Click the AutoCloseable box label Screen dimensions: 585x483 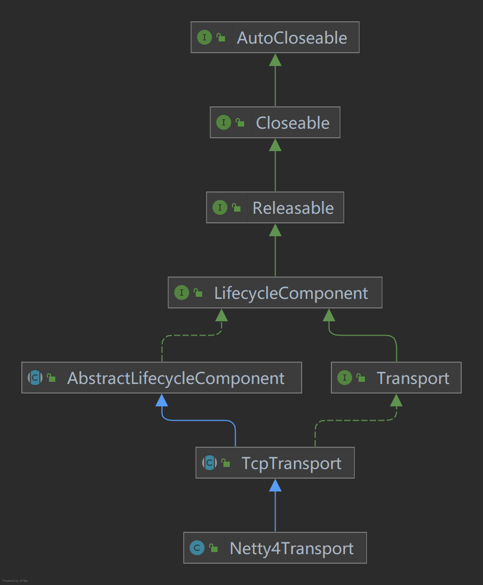292,38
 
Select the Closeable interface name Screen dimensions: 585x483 293,123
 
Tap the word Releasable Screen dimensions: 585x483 293,208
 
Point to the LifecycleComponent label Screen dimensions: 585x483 290,293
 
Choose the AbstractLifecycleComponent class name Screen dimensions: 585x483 176,378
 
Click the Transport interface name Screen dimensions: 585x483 413,378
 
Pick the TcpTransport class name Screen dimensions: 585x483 292,463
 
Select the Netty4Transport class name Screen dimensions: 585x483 292,548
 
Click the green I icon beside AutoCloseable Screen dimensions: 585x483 204,38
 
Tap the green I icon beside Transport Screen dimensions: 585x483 345,378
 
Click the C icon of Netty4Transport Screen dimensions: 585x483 197,548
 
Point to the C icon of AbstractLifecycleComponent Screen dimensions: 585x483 35,378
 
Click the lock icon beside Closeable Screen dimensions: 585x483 240,123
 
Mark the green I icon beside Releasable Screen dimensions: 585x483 220,208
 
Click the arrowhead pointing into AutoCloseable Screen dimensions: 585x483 275,60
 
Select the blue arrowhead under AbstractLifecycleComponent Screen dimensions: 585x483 162,400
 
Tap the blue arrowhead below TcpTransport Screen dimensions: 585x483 275,485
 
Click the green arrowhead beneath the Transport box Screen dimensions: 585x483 396,400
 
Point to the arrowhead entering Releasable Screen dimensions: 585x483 275,230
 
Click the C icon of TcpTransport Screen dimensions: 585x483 209,463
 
